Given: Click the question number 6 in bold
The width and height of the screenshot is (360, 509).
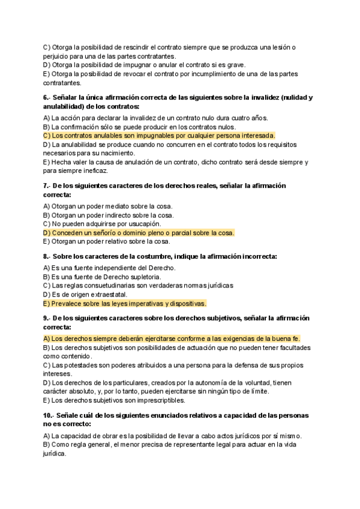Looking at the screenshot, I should pos(46,97).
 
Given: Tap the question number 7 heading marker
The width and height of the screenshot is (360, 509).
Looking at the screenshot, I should pos(46,186).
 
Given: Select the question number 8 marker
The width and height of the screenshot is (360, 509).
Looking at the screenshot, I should pos(46,256).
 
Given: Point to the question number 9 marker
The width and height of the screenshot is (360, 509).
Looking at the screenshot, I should pos(46,319).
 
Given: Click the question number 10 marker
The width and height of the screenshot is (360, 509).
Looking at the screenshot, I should pos(48,415).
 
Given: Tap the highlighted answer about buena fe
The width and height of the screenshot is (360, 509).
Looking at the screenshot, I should pos(172,339).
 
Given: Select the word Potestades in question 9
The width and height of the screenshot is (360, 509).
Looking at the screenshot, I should pos(73,365).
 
